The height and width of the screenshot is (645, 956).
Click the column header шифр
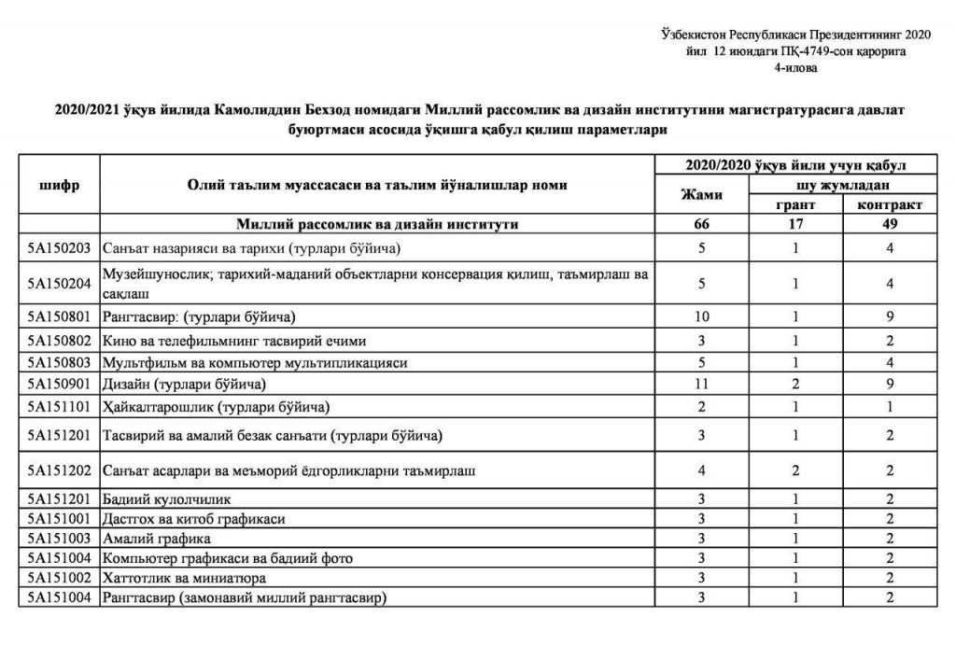click(x=61, y=185)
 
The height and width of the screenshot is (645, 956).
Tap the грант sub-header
click(x=795, y=204)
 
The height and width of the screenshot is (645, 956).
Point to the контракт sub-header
click(x=889, y=204)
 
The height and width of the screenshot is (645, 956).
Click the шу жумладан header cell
click(x=842, y=185)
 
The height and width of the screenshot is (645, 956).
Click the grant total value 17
click(x=795, y=225)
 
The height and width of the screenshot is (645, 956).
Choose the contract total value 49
click(x=889, y=225)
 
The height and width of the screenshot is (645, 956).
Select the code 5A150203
click(x=60, y=248)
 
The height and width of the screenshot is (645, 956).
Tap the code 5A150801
click(x=60, y=316)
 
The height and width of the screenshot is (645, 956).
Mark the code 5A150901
click(x=60, y=385)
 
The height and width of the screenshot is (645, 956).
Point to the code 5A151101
click(x=60, y=407)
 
